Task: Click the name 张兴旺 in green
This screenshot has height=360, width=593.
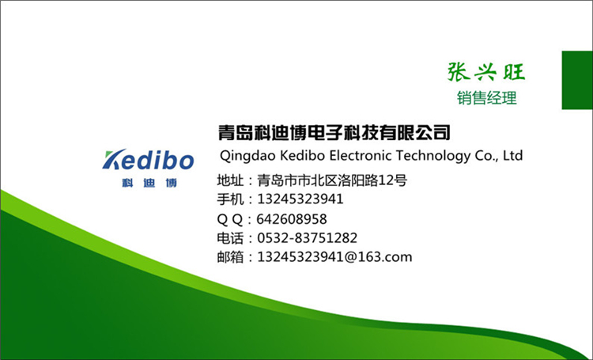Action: coord(486,71)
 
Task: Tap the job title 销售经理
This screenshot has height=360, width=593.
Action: coord(486,98)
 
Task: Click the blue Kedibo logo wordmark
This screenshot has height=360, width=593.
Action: coord(149,159)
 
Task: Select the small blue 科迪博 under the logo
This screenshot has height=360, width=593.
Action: coord(149,184)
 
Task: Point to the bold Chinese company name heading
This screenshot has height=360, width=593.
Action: coord(334,132)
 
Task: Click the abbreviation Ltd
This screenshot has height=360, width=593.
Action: coord(513,155)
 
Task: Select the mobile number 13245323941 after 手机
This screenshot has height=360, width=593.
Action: coord(300,199)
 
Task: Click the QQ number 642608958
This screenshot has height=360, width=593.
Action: coord(292,219)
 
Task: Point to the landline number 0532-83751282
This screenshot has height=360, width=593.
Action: coord(307,238)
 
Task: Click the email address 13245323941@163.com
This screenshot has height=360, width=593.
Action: coord(334,257)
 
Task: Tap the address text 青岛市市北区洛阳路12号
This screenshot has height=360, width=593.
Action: coord(332,180)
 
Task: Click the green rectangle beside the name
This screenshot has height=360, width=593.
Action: coord(577,80)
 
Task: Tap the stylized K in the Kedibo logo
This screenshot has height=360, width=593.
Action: coord(114,159)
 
